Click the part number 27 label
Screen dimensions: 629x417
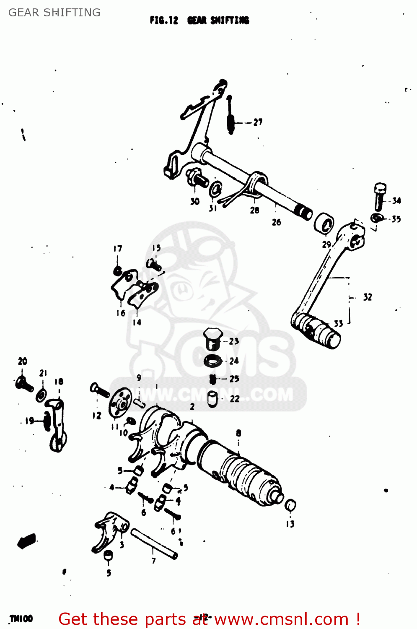pos(258,122)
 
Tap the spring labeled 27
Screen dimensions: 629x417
pos(230,117)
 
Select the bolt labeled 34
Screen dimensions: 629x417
pos(379,196)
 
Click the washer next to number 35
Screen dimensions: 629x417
pos(376,218)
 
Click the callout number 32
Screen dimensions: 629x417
pos(367,297)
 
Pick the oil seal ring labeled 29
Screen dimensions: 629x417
pos(324,224)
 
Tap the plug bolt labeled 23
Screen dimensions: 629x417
pos(212,339)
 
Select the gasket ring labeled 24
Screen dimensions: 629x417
pos(213,360)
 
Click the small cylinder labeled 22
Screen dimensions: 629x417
pos(212,399)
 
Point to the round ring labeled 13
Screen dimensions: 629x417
pos(290,505)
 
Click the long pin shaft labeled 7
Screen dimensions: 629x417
pos(154,543)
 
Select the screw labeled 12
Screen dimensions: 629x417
pos(100,390)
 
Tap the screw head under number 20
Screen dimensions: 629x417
pos(24,383)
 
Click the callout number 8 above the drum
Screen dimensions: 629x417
pos(238,433)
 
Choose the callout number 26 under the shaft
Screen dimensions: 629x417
pos(276,222)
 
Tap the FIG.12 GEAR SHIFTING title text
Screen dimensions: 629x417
pos(199,20)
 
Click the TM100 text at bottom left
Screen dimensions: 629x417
pos(21,619)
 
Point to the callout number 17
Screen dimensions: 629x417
pos(118,249)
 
